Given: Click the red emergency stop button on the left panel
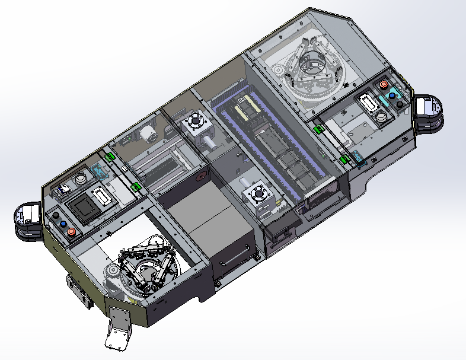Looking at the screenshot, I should click(x=71, y=231).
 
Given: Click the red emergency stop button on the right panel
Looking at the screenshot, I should click(x=391, y=84).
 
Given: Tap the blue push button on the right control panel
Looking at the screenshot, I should click(x=392, y=95).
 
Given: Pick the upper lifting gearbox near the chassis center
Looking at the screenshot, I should click(x=195, y=124).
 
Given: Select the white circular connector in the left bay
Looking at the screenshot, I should click(x=81, y=179).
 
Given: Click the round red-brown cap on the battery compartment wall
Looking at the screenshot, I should click(x=200, y=176).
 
